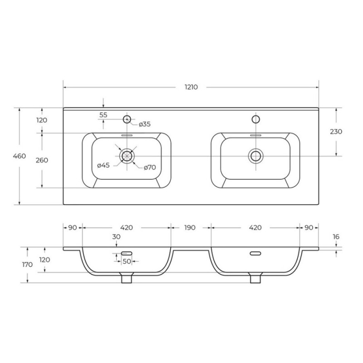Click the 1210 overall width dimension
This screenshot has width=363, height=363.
[191, 87]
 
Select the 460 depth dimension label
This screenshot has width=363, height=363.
[19, 156]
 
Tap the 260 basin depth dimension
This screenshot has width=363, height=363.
[42, 160]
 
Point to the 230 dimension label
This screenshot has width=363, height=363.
[336, 132]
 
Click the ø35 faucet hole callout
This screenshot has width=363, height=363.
[145, 124]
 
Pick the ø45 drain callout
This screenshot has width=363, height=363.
[103, 165]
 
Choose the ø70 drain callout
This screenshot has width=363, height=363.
[150, 167]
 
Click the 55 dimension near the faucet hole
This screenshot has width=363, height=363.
[103, 115]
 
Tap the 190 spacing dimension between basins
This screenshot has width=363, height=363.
[190, 228]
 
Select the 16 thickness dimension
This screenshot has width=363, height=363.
[336, 236]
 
